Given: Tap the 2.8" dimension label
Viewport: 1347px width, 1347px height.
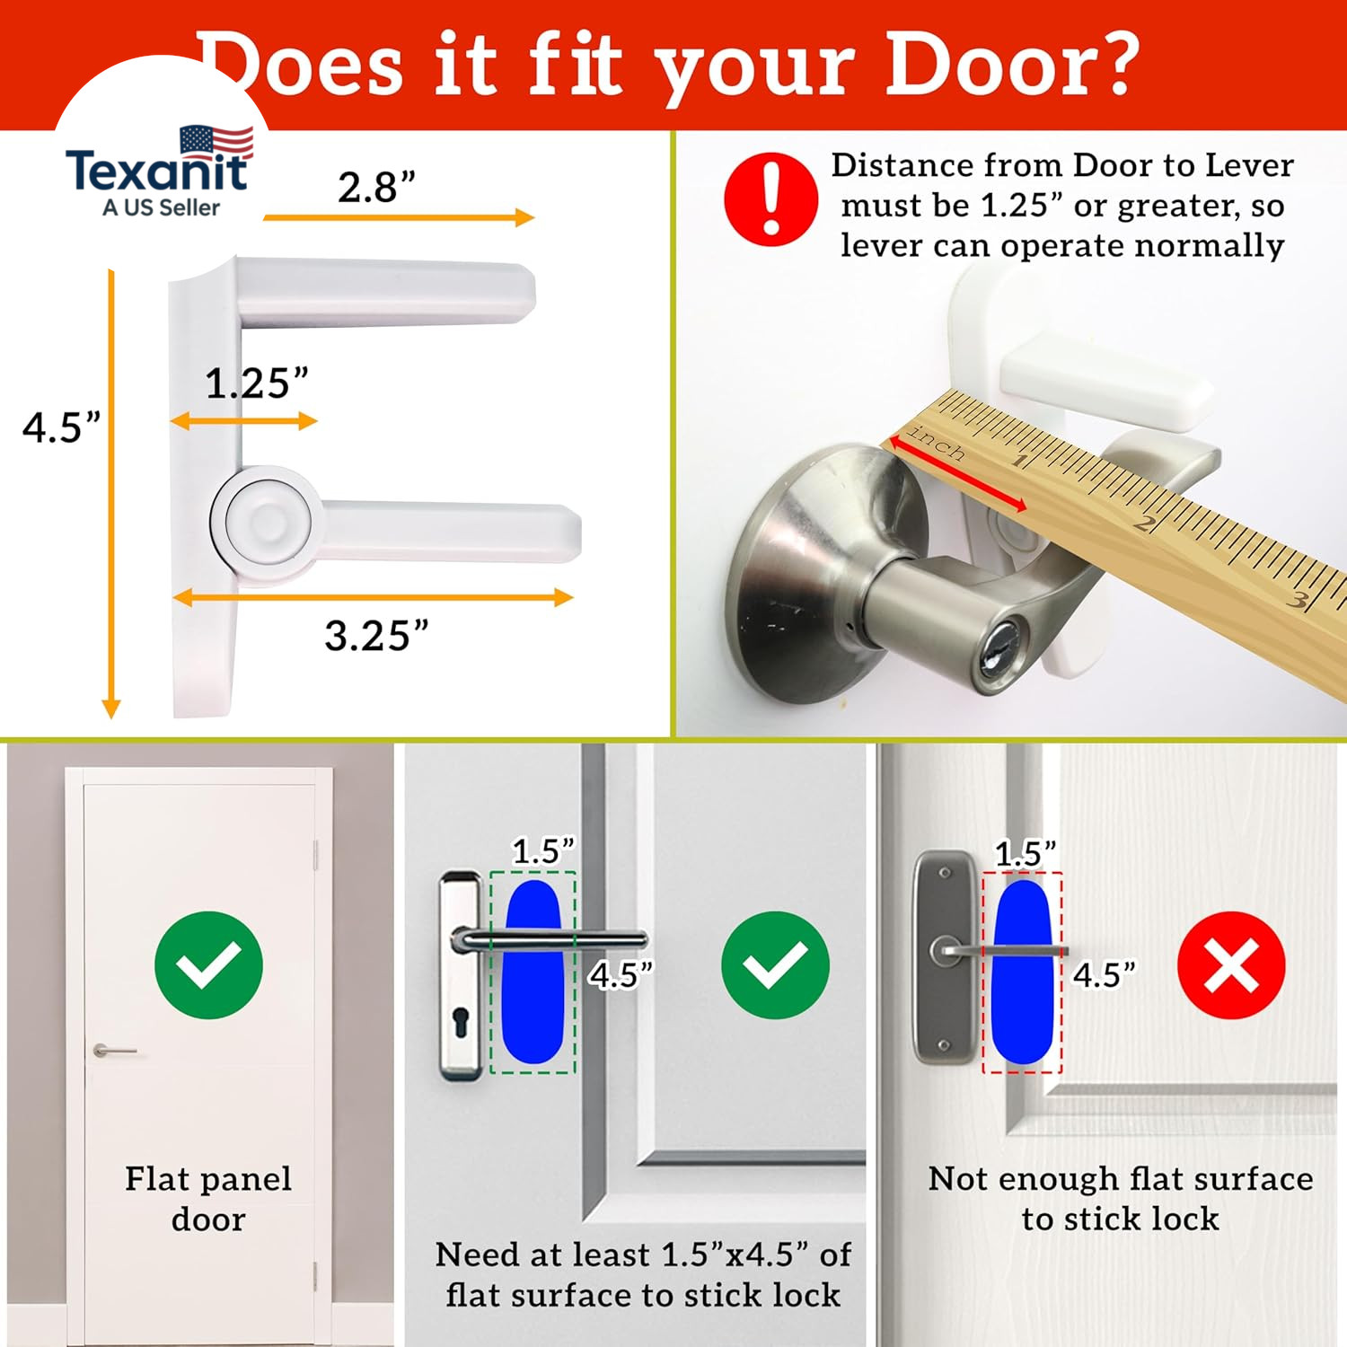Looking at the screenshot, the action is [x=377, y=188].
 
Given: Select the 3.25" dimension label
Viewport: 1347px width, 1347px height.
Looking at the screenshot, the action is [x=376, y=636].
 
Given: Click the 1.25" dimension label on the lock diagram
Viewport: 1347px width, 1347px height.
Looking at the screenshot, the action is [x=257, y=383].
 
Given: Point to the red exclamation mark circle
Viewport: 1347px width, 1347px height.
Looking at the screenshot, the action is [x=770, y=198].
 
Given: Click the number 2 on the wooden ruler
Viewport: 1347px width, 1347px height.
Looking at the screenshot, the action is [x=1142, y=523].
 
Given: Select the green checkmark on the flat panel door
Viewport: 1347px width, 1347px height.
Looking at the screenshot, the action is [x=208, y=964].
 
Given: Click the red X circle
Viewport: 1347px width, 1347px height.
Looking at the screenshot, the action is [x=1231, y=964].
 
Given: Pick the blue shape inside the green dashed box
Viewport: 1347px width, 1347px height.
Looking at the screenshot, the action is [x=533, y=972].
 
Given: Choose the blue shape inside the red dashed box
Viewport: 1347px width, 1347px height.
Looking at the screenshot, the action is [x=1023, y=972].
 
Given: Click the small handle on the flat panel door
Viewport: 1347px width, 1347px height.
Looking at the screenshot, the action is [x=114, y=1051].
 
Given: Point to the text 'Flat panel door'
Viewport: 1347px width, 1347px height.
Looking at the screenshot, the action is [x=208, y=1199].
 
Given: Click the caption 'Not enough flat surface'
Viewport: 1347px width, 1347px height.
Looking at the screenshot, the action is [x=1121, y=1178].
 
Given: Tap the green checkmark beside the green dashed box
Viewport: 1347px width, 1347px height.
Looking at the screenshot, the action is [x=775, y=964].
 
